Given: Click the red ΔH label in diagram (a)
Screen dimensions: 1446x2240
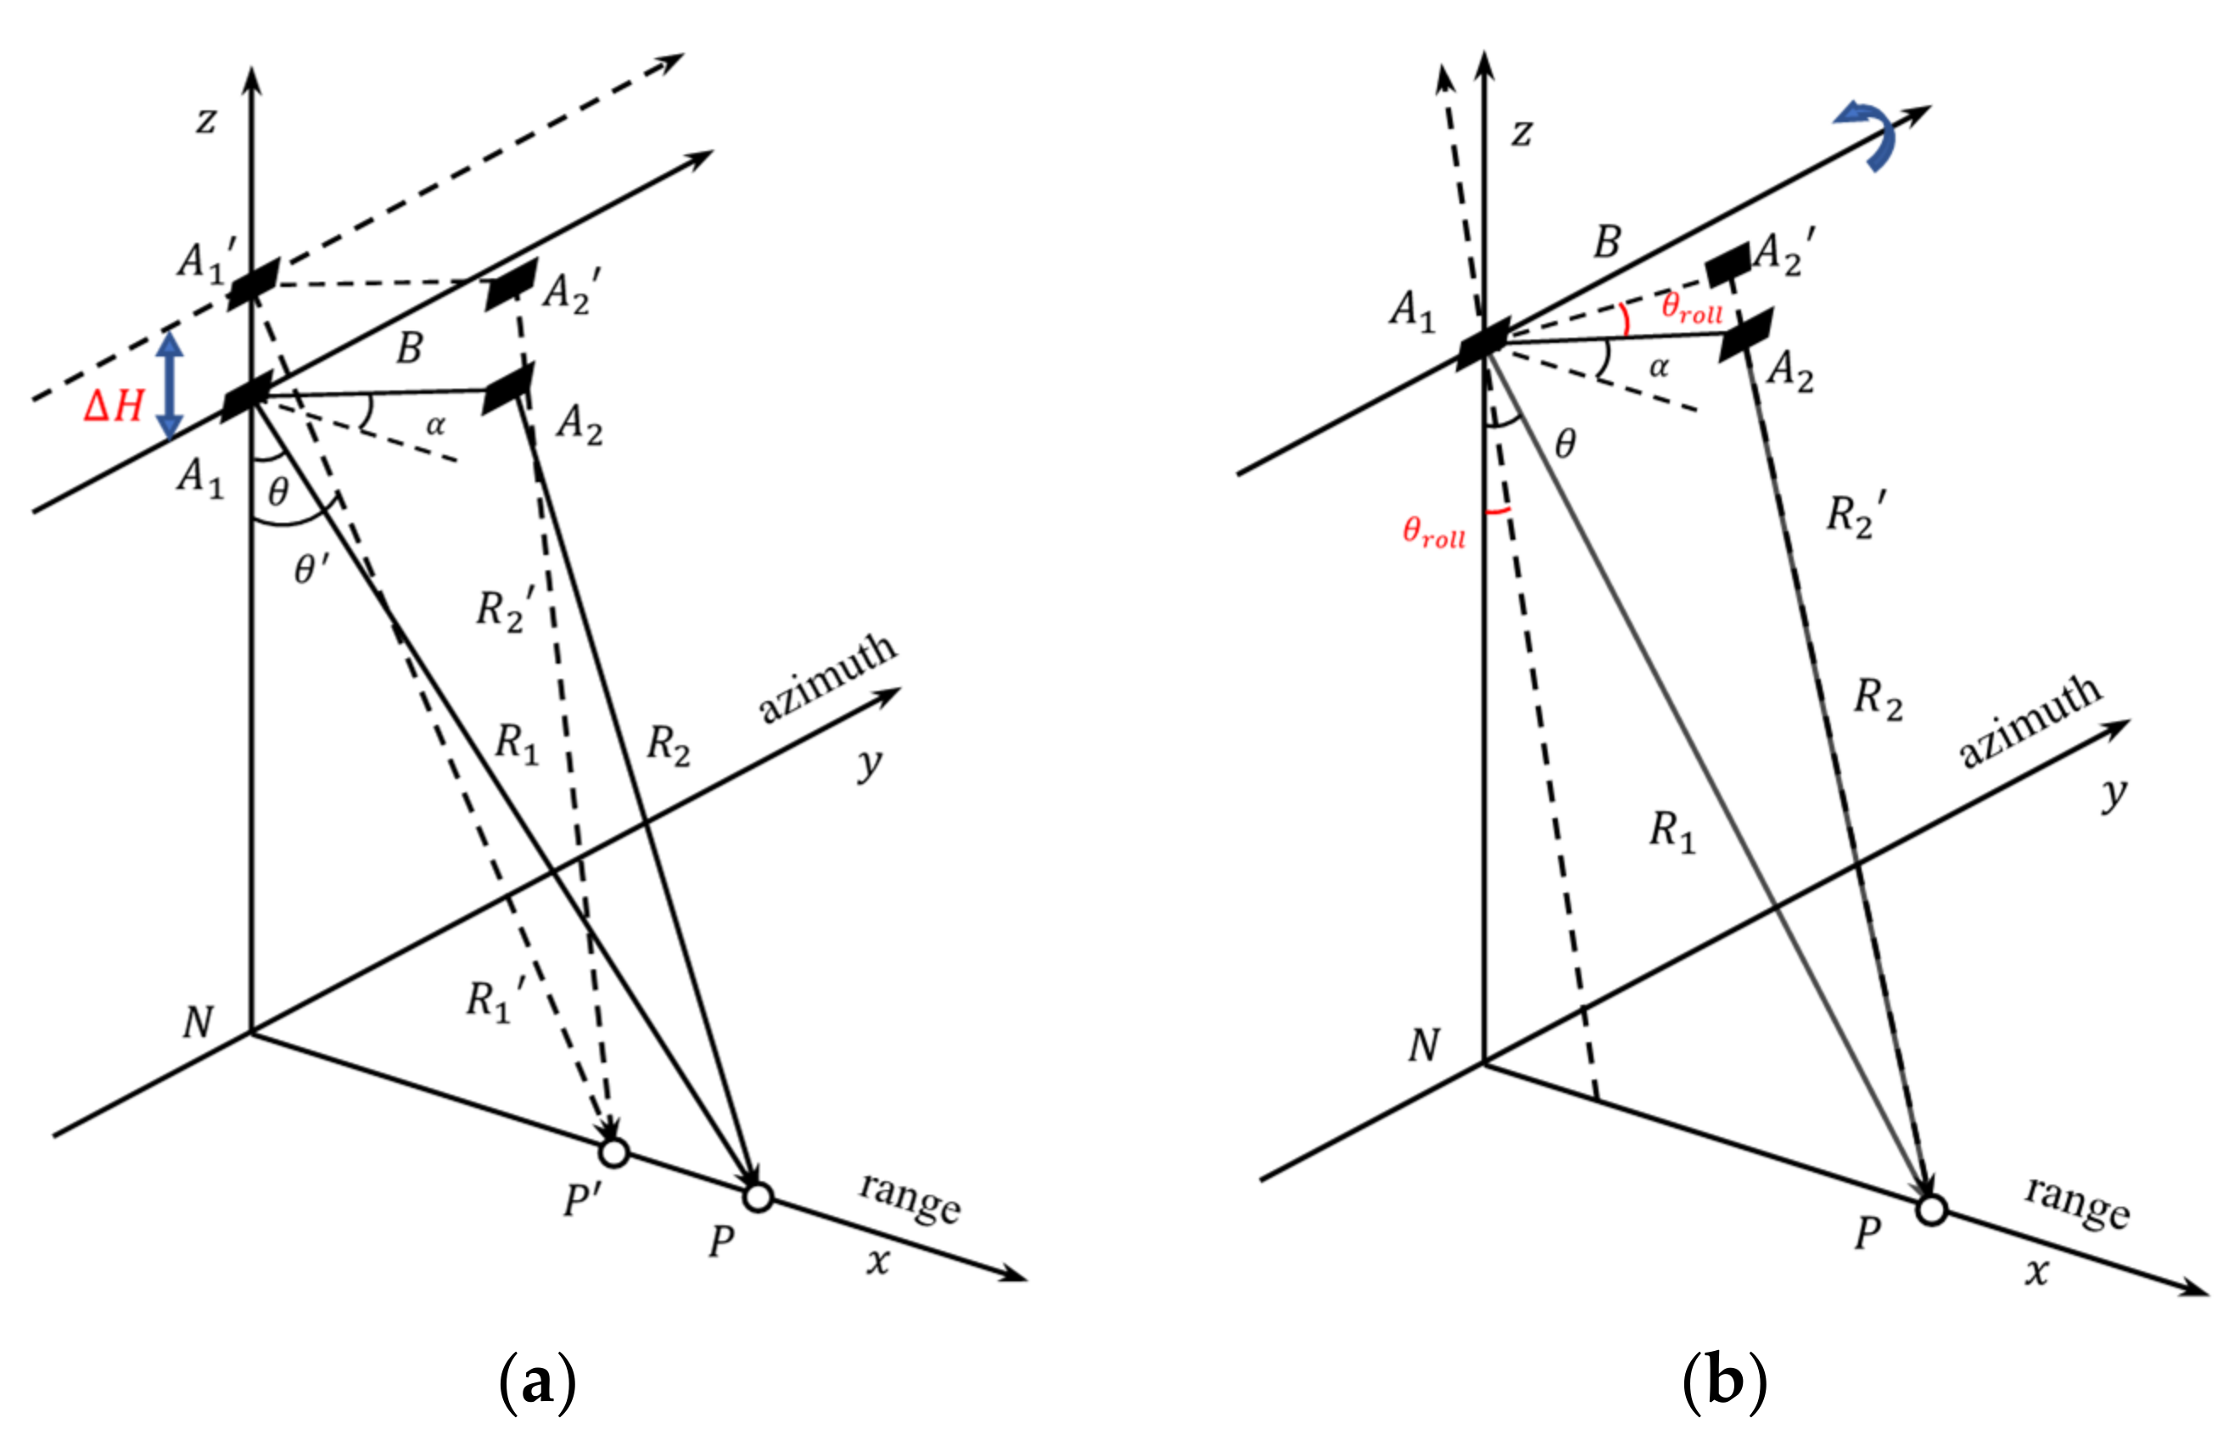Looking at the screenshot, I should click(114, 406).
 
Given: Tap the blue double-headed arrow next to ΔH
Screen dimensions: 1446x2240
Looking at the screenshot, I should click(169, 386).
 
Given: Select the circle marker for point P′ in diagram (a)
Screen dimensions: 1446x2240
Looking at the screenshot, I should click(613, 1152).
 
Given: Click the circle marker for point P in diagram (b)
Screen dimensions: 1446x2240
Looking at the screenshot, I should click(1930, 1210).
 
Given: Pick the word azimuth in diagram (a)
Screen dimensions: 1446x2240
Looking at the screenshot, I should click(827, 677).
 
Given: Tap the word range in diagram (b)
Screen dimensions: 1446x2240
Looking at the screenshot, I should click(2076, 1201).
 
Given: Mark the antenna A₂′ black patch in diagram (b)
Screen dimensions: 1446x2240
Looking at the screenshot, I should click(1728, 264).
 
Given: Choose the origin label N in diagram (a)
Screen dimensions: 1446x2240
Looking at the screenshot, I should click(198, 1023).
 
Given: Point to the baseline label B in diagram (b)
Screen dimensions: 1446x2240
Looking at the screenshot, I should click(1606, 242).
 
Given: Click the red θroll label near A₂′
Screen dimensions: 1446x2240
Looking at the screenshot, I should click(1692, 307).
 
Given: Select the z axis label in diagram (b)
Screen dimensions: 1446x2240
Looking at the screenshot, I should click(1520, 132).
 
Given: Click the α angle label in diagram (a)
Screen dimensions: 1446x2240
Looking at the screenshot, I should click(435, 425).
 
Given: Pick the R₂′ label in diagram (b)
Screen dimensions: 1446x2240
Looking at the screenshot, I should click(1855, 514).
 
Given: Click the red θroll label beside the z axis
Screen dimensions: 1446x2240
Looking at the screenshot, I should click(1434, 532).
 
